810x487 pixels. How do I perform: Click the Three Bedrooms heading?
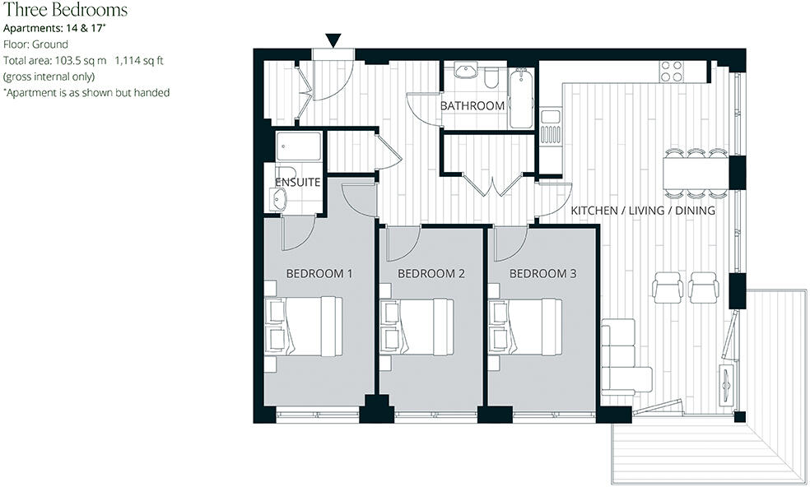coord(66,11)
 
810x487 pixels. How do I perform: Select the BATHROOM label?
coord(472,106)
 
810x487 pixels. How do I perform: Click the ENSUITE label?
coord(298,182)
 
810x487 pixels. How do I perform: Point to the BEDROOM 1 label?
coord(319,273)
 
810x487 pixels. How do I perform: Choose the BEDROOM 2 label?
coord(431,273)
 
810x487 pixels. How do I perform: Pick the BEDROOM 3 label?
coord(542,273)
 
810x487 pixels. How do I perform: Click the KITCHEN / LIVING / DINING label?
coord(643,211)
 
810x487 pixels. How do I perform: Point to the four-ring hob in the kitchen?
coord(672,72)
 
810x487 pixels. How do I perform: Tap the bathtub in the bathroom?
coord(522,100)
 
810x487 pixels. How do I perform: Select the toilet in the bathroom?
coord(492,77)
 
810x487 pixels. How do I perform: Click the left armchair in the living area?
coord(667,287)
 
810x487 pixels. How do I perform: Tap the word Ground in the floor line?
coord(51,44)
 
